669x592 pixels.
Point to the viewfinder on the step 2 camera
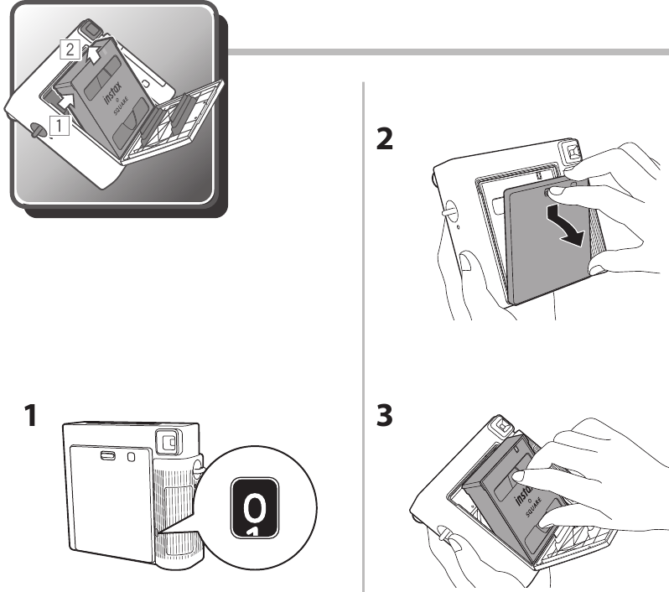pos(575,152)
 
